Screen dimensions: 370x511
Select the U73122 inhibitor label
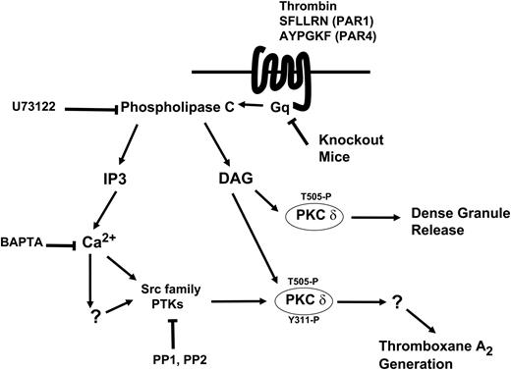[35, 104]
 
